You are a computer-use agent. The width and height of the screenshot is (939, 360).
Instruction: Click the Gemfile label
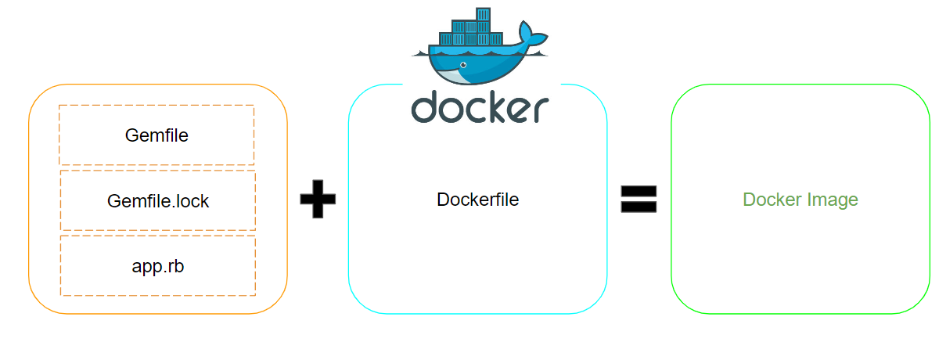click(156, 135)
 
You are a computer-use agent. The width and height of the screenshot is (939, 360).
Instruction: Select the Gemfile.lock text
click(158, 201)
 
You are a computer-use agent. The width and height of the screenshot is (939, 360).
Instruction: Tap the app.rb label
click(158, 266)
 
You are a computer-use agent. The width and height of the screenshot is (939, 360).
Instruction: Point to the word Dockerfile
click(477, 200)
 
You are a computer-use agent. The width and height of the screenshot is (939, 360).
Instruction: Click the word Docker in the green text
click(770, 200)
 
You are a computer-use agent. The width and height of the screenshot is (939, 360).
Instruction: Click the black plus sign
click(318, 200)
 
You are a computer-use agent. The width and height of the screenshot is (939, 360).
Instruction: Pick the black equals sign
click(639, 200)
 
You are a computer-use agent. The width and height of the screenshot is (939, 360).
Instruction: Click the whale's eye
click(463, 63)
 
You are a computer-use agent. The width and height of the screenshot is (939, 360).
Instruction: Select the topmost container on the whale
click(483, 14)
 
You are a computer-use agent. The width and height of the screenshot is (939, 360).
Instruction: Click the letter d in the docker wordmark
click(426, 107)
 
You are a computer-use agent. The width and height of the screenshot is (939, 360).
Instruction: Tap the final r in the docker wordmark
click(539, 111)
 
